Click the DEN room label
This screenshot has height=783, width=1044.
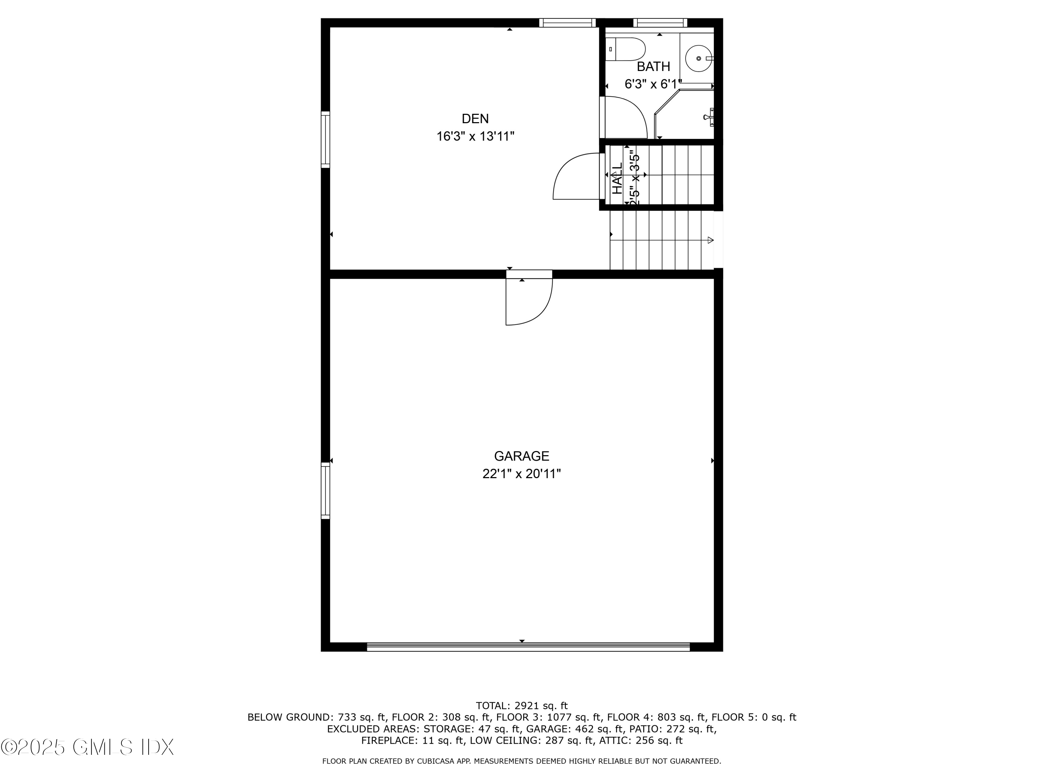coord(475,118)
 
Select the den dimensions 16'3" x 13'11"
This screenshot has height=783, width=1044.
coord(475,136)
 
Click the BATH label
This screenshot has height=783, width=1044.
coord(653,66)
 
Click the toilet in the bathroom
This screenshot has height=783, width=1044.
coord(625,49)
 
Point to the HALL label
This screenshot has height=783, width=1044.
coord(617,179)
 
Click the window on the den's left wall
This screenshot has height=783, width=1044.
coord(325,140)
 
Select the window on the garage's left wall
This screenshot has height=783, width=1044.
coord(325,491)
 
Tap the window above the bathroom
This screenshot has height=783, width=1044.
coord(660,23)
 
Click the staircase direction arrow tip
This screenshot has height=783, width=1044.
coord(711,240)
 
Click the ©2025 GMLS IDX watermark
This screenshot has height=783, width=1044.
coord(87,747)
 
